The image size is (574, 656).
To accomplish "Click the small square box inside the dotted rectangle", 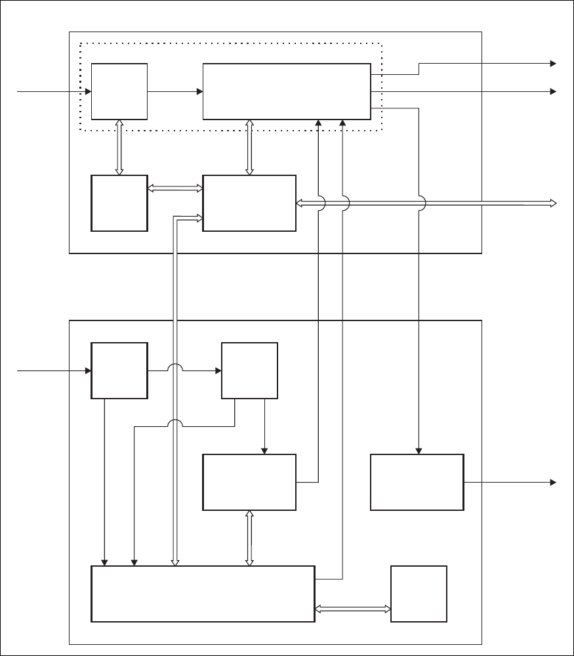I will pyautogui.click(x=119, y=91).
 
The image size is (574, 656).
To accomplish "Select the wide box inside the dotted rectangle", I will pyautogui.click(x=287, y=91).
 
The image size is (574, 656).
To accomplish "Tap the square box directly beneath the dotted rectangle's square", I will pyautogui.click(x=119, y=203).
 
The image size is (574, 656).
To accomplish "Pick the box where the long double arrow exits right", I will pyautogui.click(x=249, y=203).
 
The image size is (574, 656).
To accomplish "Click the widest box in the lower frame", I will pyautogui.click(x=203, y=594).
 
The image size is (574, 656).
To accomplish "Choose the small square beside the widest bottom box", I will pyautogui.click(x=419, y=594).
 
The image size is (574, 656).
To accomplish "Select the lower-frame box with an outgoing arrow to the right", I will pyautogui.click(x=417, y=482).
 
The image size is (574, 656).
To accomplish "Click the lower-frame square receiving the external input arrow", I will pyautogui.click(x=119, y=370).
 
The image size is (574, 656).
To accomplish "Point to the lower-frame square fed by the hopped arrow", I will pyautogui.click(x=249, y=370).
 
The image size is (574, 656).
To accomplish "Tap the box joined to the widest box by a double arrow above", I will pyautogui.click(x=249, y=482).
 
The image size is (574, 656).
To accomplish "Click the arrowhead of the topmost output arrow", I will pyautogui.click(x=553, y=64).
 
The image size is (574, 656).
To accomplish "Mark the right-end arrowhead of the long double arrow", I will pyautogui.click(x=552, y=204).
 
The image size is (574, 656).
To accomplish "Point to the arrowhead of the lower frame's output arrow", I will pyautogui.click(x=553, y=482).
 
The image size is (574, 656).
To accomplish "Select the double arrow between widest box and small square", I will pyautogui.click(x=352, y=609).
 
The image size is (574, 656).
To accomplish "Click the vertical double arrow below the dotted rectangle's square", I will pyautogui.click(x=119, y=148).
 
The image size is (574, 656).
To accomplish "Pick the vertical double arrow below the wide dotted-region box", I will pyautogui.click(x=249, y=148).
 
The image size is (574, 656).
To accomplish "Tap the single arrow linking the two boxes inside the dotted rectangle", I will pyautogui.click(x=175, y=91).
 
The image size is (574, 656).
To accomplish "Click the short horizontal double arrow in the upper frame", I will pyautogui.click(x=175, y=188).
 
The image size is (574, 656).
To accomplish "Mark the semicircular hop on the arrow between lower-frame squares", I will pyautogui.click(x=174, y=369).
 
